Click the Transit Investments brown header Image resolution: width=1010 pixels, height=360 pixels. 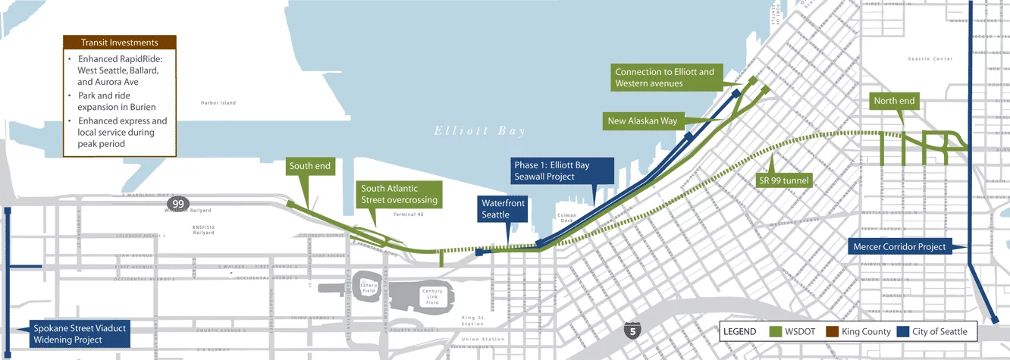pos(119,42)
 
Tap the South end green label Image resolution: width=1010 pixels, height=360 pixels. pos(311,166)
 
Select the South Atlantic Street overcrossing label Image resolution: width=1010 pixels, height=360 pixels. pos(399,194)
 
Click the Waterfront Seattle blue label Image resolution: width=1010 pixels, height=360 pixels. pos(501,210)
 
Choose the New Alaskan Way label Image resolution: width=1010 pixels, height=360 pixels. pos(642,121)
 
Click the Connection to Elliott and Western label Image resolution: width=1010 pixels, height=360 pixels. pos(665,77)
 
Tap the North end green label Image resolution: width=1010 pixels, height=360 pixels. pos(895,101)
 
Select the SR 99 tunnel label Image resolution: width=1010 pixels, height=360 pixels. pos(786,180)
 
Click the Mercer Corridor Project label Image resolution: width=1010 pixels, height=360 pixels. pos(900,246)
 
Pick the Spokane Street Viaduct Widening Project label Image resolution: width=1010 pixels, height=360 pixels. pos(80,334)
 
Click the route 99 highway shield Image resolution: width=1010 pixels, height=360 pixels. pos(177,205)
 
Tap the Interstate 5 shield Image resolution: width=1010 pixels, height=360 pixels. pos(631,330)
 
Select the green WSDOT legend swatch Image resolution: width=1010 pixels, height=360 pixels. pos(776,332)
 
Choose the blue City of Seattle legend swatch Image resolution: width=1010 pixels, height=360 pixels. pos(902,332)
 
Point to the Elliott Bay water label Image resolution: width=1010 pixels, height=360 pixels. pos(479,131)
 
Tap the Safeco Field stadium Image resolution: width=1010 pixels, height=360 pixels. pos(368,289)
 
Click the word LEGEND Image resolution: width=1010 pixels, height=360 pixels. pos(740,332)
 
